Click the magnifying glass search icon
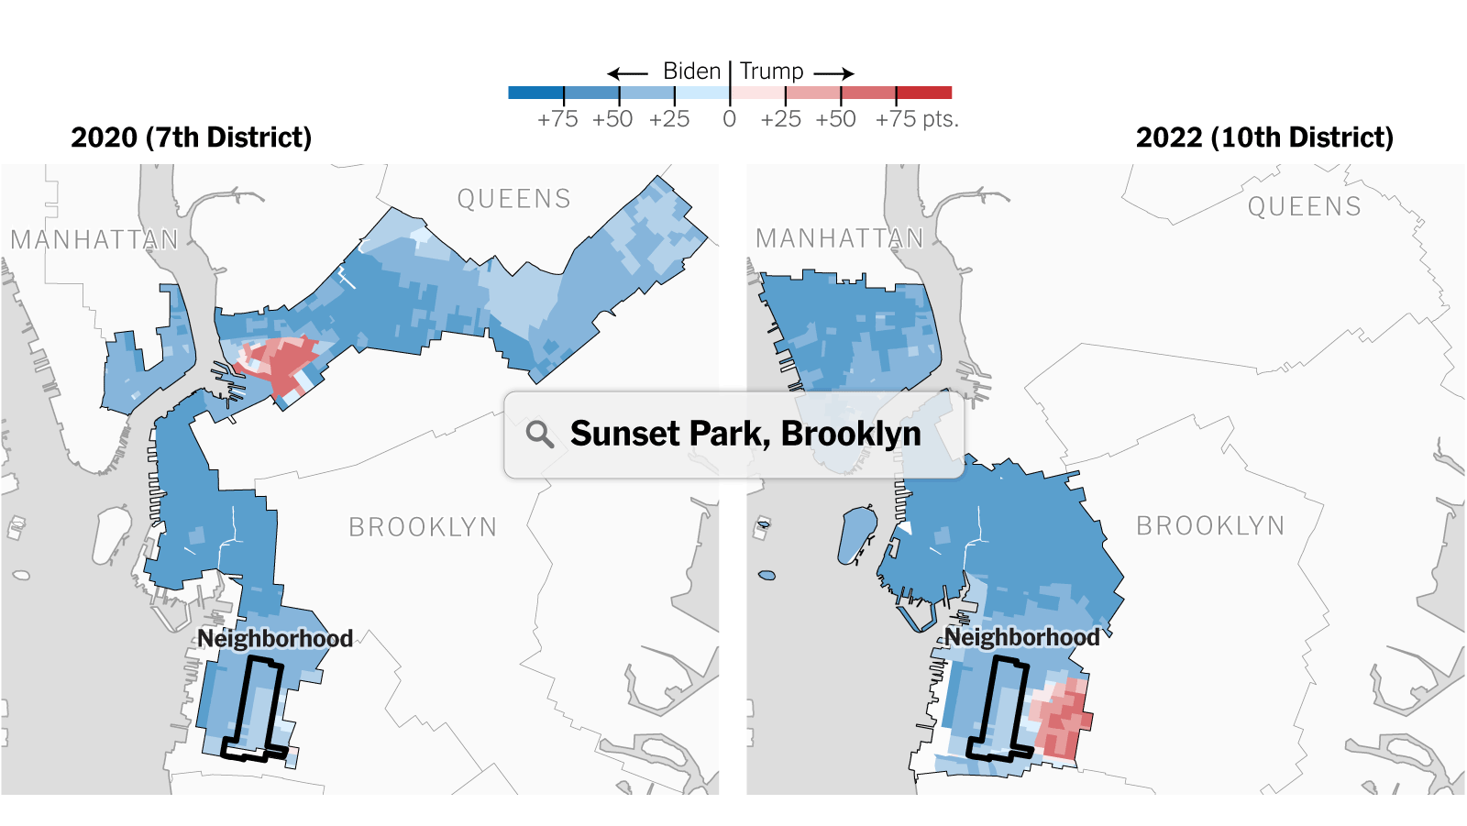pos(540,434)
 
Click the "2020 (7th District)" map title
pos(191,138)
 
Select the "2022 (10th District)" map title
pos(1264,138)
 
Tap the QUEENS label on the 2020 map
pos(513,199)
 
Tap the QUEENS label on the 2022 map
pos(1304,207)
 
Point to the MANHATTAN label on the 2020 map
pos(94,240)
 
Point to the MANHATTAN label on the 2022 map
pos(839,239)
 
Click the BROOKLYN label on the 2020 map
pos(423,527)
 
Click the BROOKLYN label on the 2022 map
pos(1210,526)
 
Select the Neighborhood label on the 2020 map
pos(275,638)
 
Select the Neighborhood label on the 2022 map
pos(1022,637)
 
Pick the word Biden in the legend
pos(691,72)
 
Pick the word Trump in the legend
pos(771,72)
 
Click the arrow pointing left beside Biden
pos(627,73)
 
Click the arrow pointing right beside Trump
pos(834,73)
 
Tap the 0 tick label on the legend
pos(729,119)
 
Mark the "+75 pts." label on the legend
pos(916,119)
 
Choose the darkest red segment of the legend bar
pos(923,93)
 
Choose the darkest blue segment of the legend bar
pos(535,93)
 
